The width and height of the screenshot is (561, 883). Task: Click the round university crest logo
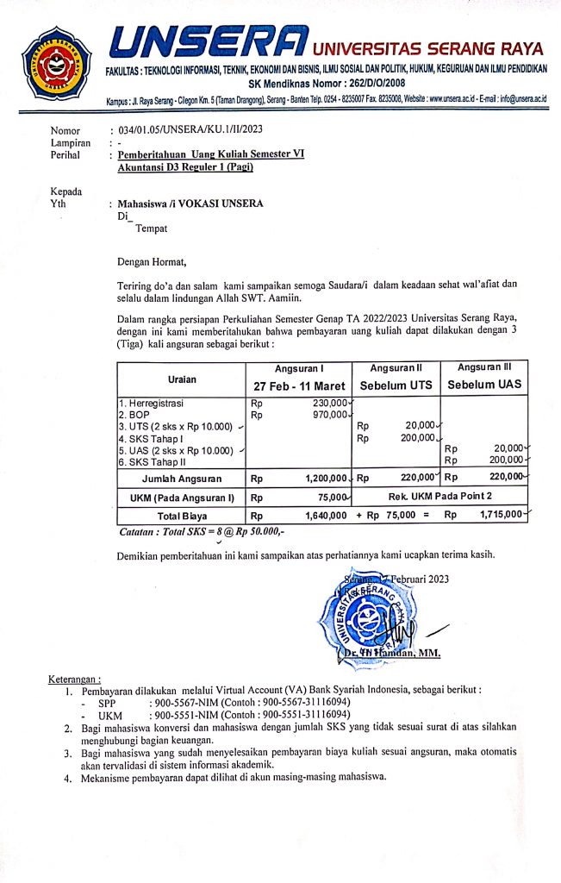[x=55, y=62]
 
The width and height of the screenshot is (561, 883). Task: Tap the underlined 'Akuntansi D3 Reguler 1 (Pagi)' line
[x=186, y=168]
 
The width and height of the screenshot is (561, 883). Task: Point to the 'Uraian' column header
[x=182, y=379]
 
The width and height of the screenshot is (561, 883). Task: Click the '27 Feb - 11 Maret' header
[x=298, y=385]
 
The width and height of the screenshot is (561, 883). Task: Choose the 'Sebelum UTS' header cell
[x=396, y=385]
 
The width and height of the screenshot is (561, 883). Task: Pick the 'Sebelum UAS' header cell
[x=483, y=385]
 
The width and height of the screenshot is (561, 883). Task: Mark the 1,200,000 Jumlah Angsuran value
[x=325, y=478]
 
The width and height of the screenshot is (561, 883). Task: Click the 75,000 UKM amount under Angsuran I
[x=333, y=498]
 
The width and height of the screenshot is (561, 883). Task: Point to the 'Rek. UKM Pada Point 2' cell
[x=439, y=497]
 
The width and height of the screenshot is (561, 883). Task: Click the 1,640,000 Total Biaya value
[x=325, y=515]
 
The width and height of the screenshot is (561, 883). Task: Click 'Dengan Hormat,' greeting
[x=151, y=261]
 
